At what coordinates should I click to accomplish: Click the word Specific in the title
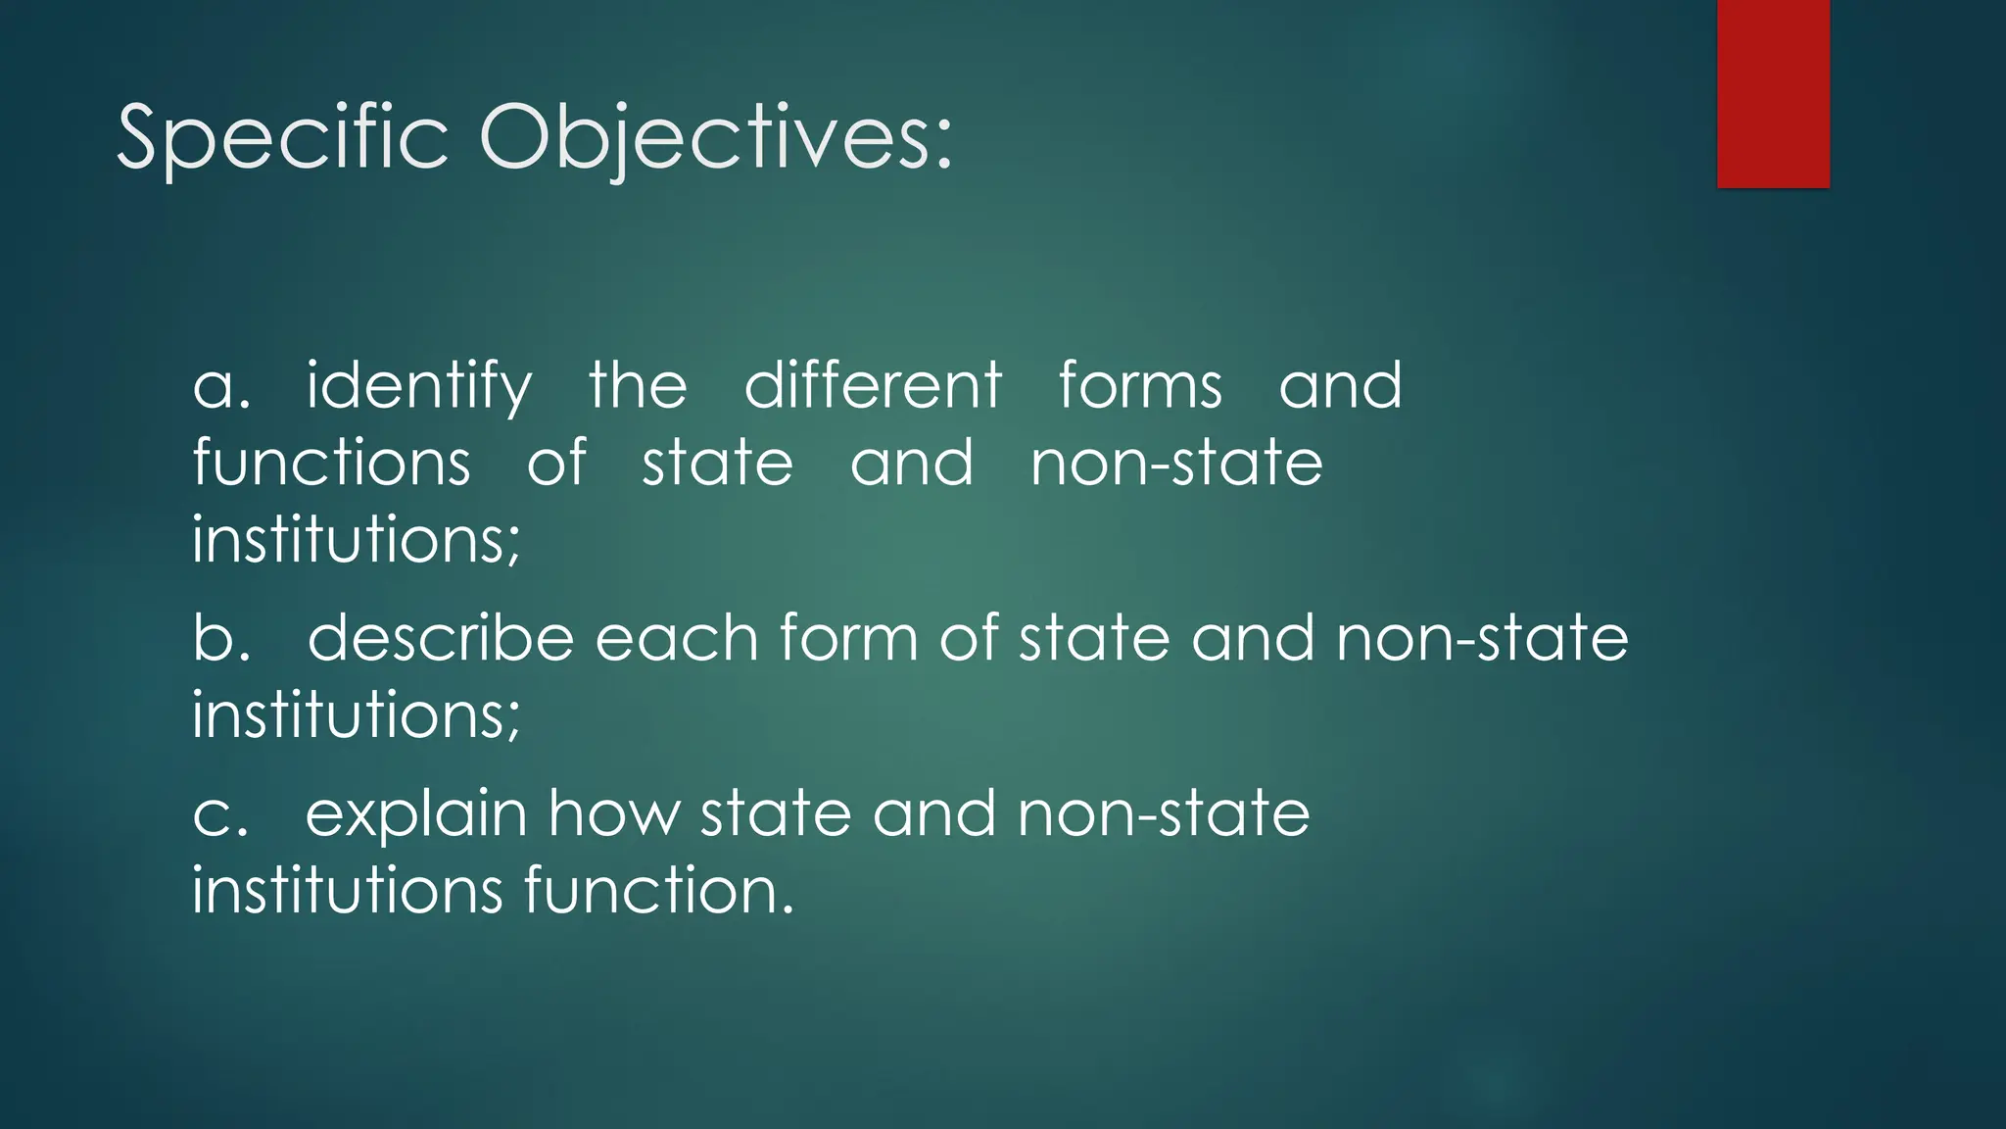pos(283,138)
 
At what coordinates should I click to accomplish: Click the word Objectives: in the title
pos(715,138)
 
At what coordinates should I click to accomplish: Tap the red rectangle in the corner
pos(1773,94)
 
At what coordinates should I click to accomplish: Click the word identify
pos(419,386)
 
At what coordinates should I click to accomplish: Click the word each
pos(677,638)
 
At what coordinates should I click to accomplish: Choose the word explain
pos(416,816)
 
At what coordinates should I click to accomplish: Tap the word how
pos(612,814)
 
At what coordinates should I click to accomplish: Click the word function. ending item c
pos(658,891)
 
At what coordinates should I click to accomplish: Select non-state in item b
pos(1482,638)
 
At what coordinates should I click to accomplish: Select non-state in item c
pos(1163,814)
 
